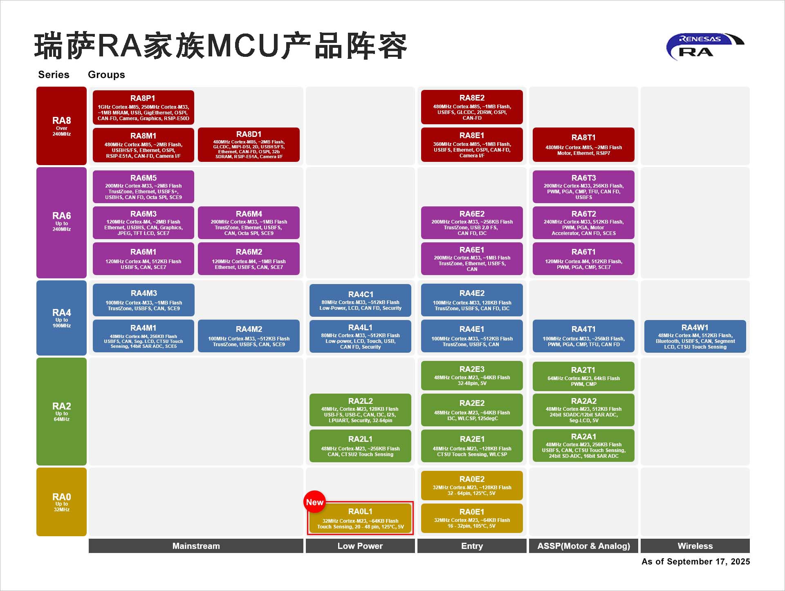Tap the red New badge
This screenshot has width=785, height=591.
coord(314,502)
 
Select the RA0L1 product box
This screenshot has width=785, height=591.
coord(360,518)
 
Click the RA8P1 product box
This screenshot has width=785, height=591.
coord(143,107)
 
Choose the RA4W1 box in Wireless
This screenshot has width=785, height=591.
coord(695,336)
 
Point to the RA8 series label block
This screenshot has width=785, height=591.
coord(61,126)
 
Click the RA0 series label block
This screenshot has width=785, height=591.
coord(61,502)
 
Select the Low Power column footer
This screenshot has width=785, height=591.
coord(360,546)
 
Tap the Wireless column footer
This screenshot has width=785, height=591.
coord(695,546)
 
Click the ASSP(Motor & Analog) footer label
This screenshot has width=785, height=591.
coord(583,546)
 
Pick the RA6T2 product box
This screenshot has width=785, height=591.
coord(583,223)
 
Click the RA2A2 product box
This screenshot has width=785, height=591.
coord(583,410)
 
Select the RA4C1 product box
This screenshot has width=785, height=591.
coord(360,300)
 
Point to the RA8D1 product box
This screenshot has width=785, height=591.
coord(249,145)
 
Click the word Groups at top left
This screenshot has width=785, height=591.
coord(106,75)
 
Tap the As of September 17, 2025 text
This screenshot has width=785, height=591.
coord(695,562)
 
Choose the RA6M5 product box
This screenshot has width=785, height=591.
coord(143,187)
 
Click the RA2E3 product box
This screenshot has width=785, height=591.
coord(472,376)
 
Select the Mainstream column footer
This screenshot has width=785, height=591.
coord(196,546)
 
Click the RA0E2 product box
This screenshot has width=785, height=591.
coord(472,486)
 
